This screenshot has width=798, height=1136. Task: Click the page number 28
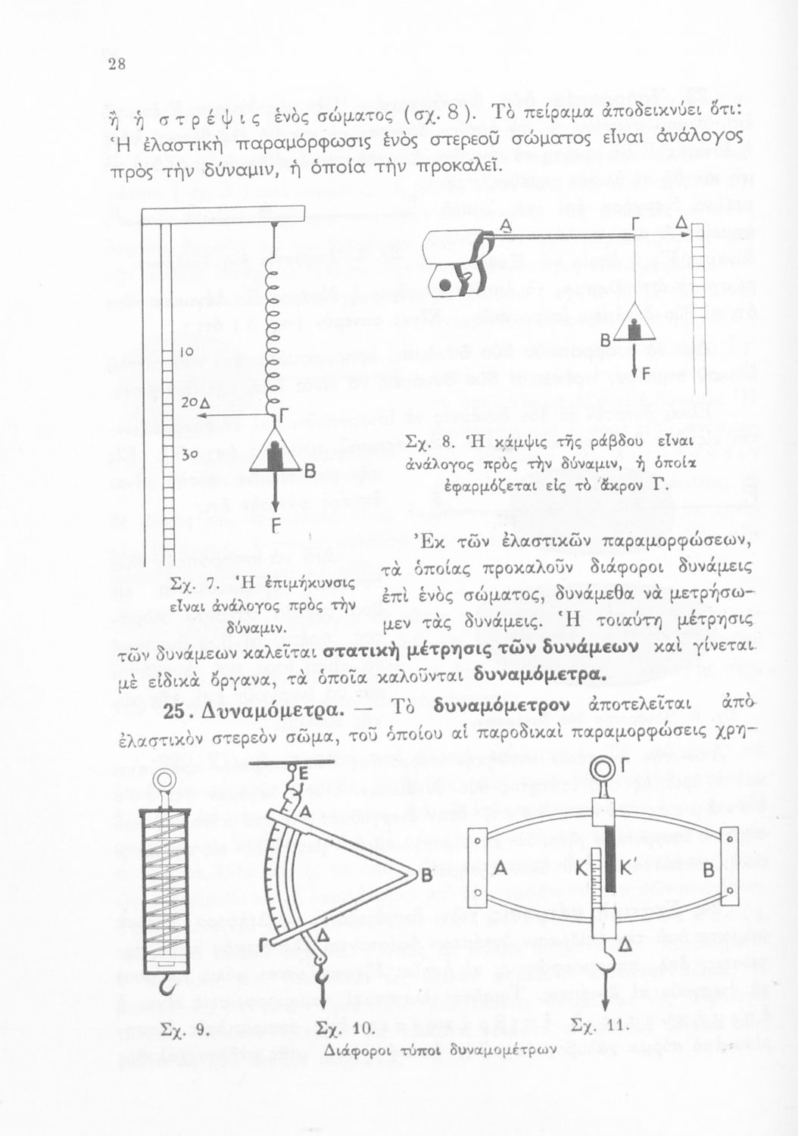tap(116, 64)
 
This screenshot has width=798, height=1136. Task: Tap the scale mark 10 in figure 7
tap(187, 352)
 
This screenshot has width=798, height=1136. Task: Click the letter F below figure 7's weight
tap(276, 524)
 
